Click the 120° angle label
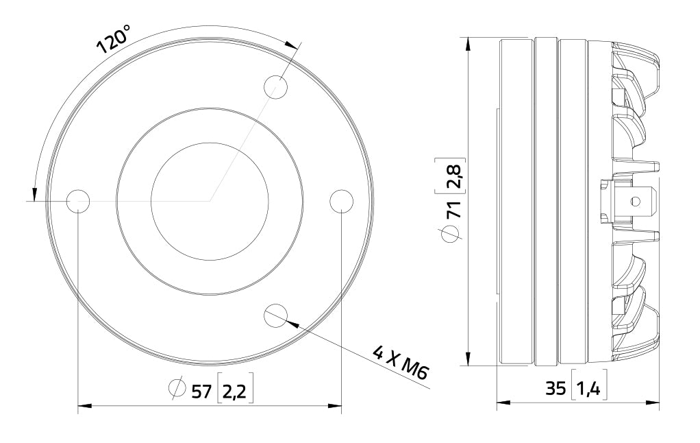click(x=113, y=38)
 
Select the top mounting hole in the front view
click(x=276, y=87)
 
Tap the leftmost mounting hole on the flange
click(x=78, y=201)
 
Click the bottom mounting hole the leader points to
click(x=275, y=314)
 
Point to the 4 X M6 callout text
click(x=401, y=363)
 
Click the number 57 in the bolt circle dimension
click(x=200, y=391)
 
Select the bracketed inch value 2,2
click(x=235, y=391)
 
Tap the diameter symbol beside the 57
click(x=176, y=388)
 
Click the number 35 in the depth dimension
click(x=555, y=390)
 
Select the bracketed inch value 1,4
click(x=588, y=390)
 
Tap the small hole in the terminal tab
click(x=635, y=201)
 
